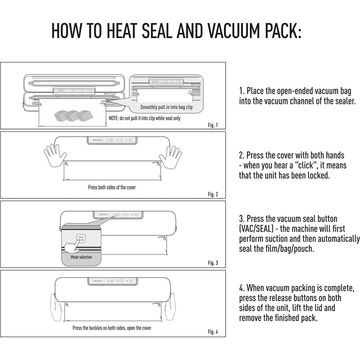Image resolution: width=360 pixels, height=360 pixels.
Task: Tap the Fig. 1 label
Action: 213,125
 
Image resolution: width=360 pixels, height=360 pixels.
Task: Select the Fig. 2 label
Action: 213,194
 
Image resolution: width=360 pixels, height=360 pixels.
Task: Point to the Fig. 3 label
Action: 213,263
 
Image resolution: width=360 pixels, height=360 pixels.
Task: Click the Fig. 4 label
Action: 213,332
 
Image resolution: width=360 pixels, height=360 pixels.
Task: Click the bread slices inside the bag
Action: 73,116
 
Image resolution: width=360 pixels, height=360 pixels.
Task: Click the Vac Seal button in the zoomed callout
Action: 81,238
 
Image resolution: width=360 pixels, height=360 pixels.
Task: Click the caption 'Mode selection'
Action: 81,257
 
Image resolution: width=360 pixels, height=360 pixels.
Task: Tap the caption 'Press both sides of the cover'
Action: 112,187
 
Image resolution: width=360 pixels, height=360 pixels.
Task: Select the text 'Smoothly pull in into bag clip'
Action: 166,107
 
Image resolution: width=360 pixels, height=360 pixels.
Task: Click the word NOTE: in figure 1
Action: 113,118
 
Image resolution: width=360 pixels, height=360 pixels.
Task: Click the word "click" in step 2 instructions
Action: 306,165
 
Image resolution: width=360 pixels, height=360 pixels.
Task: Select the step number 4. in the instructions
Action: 242,288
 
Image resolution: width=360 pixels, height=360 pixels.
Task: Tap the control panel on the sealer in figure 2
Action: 112,140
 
